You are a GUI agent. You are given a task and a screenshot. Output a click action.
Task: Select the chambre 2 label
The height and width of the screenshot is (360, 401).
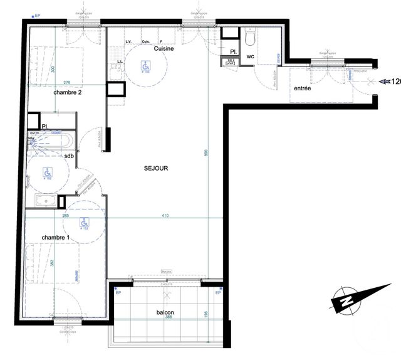click(x=67, y=92)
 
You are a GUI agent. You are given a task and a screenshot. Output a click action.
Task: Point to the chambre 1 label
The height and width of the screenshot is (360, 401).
click(x=56, y=238)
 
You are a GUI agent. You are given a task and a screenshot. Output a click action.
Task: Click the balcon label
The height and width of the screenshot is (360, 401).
click(x=165, y=312)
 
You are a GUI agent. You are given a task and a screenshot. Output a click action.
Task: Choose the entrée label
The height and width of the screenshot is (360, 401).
click(x=303, y=89)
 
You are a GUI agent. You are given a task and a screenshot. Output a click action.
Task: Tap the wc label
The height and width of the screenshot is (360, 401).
click(x=250, y=56)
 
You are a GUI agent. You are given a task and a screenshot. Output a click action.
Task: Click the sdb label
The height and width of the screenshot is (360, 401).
click(x=86, y=156)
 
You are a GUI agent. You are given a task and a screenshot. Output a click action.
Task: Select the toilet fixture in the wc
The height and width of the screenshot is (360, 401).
click(x=250, y=39)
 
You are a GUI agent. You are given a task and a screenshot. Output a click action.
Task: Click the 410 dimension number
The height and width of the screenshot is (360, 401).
click(x=165, y=216)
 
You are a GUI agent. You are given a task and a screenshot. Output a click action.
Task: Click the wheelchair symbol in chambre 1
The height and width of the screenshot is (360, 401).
click(x=83, y=222)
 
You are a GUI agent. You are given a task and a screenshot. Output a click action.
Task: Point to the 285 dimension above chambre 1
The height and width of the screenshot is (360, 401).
click(x=65, y=216)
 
